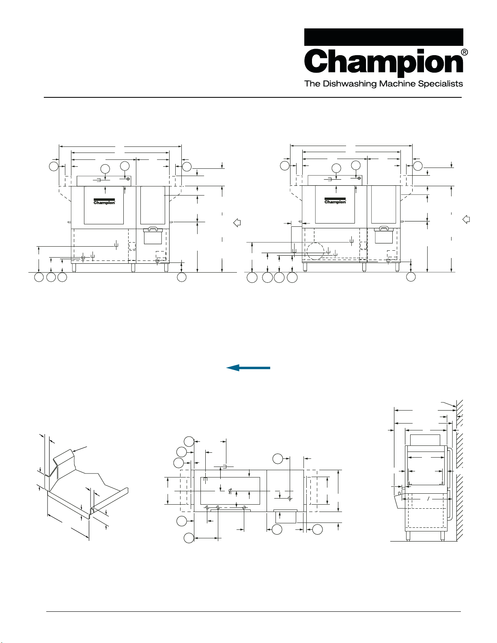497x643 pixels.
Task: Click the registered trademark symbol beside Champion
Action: (x=465, y=52)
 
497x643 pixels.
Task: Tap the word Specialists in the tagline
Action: (x=440, y=84)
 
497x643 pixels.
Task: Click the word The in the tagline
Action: (x=312, y=84)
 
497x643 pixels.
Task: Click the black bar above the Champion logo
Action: (x=384, y=37)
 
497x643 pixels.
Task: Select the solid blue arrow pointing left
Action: (x=248, y=368)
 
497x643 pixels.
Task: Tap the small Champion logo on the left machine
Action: (x=104, y=202)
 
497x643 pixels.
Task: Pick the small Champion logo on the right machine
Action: (x=335, y=201)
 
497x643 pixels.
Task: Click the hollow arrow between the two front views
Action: (x=237, y=223)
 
